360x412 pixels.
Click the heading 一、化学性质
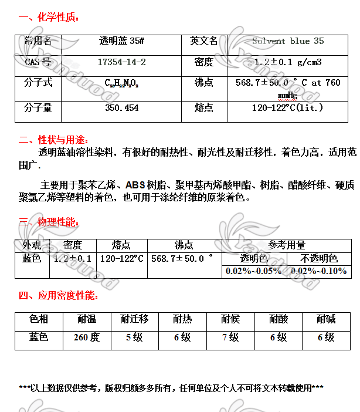pos(49,17)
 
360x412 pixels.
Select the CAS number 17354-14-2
pos(121,62)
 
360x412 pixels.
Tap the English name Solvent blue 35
pos(287,41)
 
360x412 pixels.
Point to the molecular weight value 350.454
pos(121,108)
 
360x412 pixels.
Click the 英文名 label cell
pos(203,41)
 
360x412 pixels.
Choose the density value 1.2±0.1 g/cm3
pos(287,62)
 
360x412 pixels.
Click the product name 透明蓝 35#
pos(121,41)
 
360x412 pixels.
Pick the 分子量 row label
pos(38,108)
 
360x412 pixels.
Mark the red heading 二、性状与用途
pos(53,140)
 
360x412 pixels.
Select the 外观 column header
pos(32,245)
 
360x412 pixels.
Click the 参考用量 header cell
pos(287,245)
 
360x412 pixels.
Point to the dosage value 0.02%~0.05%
pos(253,271)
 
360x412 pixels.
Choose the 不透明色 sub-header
pos(319,258)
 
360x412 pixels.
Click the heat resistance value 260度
pos(87,337)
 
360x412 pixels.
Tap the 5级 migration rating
pos(134,337)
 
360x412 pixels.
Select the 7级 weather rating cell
pos(230,337)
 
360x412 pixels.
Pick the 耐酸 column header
pos(279,319)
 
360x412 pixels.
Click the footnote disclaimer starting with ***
pos(171,388)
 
